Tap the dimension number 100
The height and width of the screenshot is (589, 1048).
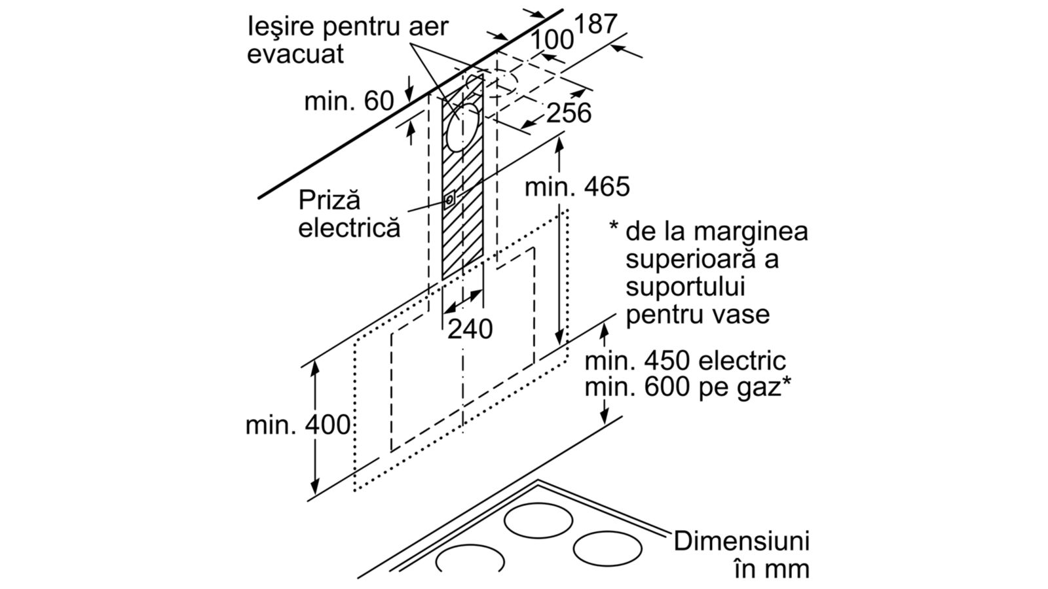552,39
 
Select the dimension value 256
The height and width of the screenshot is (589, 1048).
569,113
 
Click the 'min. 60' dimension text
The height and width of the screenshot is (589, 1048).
349,101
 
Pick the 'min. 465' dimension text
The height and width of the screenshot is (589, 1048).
577,187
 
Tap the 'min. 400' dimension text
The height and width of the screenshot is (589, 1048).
297,425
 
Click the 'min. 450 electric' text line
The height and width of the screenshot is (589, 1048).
685,361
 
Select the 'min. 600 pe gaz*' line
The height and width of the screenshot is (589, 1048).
688,387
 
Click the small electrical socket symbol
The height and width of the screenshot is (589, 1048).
449,200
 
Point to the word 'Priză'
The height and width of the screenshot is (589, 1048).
329,200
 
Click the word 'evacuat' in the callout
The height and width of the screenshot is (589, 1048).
295,54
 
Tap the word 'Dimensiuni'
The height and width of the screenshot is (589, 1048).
741,541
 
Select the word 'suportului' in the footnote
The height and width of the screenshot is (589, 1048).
685,287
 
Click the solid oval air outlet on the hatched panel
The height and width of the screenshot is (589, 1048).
463,127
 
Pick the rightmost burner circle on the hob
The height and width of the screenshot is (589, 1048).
607,549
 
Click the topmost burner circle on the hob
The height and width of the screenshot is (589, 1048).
538,521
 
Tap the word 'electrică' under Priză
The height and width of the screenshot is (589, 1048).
349,228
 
